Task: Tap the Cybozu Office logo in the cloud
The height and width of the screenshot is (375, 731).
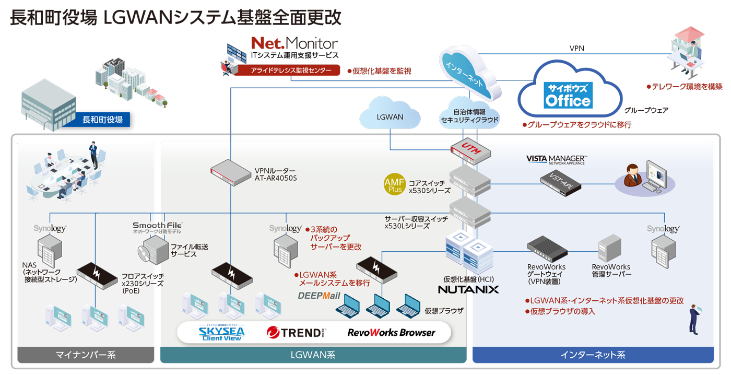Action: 568,95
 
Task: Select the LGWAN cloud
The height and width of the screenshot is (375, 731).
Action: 390,114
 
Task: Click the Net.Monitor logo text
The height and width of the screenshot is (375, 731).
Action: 294,43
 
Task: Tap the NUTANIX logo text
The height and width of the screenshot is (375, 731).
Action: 468,289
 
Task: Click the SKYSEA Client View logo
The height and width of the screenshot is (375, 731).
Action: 221,333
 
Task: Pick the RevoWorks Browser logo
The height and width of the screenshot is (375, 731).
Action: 391,333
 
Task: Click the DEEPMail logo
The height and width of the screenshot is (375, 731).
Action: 319,296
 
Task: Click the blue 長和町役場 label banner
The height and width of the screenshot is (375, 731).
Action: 102,120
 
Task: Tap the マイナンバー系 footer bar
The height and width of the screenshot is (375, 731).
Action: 86,355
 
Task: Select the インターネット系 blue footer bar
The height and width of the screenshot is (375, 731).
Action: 593,355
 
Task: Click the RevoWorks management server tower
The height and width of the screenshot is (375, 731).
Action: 609,248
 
